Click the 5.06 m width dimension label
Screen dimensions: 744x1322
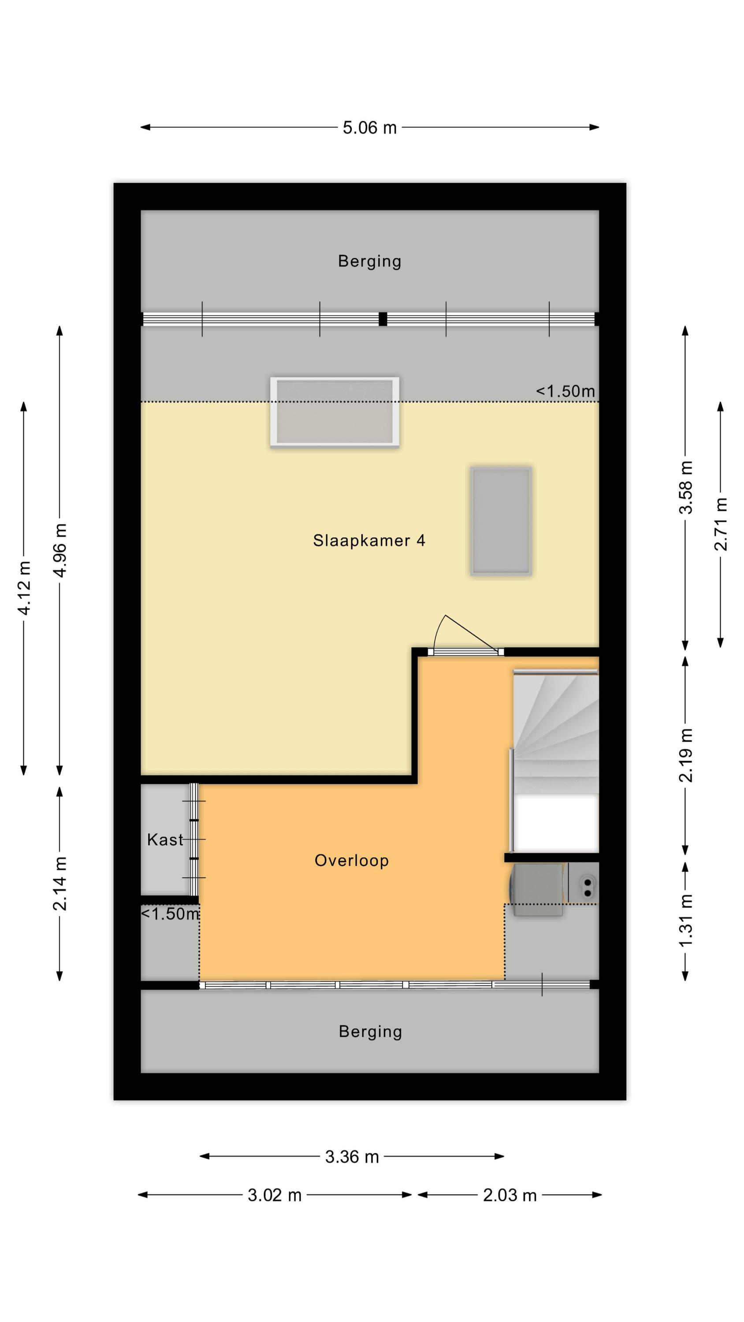pyautogui.click(x=370, y=128)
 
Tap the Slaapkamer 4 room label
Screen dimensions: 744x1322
pyautogui.click(x=369, y=540)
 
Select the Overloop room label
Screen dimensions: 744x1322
pyautogui.click(x=352, y=861)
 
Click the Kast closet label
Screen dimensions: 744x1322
pyautogui.click(x=165, y=839)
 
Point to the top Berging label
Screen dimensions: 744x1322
pyautogui.click(x=370, y=261)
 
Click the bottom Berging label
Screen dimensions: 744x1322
pyautogui.click(x=370, y=1032)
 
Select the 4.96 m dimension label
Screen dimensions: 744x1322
pyautogui.click(x=60, y=551)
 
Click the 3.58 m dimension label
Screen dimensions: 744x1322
pyautogui.click(x=686, y=487)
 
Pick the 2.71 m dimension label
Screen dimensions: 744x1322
pyautogui.click(x=721, y=524)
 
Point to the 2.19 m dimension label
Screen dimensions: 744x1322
pyautogui.click(x=686, y=755)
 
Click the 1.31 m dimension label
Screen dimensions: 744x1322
pyautogui.click(x=686, y=920)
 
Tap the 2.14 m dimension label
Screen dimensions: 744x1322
pyautogui.click(x=60, y=884)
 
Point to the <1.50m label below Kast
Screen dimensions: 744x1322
pyautogui.click(x=170, y=914)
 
